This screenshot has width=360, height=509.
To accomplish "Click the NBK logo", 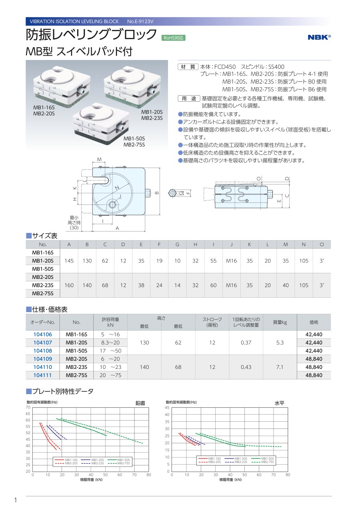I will [319, 37].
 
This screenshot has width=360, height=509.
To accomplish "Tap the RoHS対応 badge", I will [174, 38].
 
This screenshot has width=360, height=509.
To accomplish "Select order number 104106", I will [42, 335].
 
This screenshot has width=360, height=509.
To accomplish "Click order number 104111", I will [42, 375].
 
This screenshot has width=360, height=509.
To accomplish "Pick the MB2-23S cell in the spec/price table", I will [77, 367].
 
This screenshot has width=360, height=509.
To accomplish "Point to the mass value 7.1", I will [280, 367].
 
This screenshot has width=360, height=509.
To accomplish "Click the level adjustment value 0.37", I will [246, 343].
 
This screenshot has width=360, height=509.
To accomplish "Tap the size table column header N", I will [304, 244].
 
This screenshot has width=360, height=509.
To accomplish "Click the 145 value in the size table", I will [69, 261].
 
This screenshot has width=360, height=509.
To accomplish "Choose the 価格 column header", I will [314, 322].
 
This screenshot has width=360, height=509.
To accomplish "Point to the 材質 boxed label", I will [188, 67].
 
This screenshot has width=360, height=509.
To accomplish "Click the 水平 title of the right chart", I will [279, 403].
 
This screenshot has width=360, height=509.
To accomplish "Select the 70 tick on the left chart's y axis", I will [28, 407].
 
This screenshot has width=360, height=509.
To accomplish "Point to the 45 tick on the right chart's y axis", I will [167, 407].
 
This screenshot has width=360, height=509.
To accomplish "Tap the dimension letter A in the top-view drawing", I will [117, 228].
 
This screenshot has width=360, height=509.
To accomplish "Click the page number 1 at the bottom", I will [15, 500].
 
